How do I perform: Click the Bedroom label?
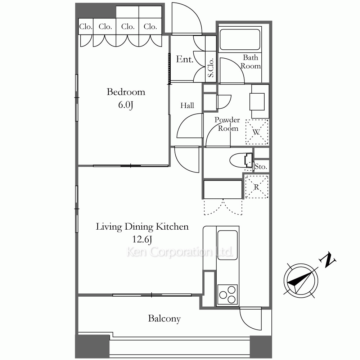(126, 92)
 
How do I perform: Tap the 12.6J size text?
(142, 239)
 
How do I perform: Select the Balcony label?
(165, 319)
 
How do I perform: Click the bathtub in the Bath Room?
(240, 39)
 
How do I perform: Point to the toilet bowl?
(241, 160)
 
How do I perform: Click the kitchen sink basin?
(227, 245)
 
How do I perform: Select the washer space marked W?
(257, 132)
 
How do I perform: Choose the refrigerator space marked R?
(256, 187)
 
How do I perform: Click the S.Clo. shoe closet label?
(211, 68)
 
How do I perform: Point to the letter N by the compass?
(327, 260)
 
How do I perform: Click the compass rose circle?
(301, 280)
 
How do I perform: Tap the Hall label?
(187, 105)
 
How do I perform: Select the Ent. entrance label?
(185, 59)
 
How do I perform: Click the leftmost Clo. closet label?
(86, 27)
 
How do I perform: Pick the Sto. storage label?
(261, 166)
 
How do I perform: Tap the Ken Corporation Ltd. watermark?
(180, 252)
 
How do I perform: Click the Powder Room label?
(227, 124)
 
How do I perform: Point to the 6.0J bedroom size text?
(126, 105)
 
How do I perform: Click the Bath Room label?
(251, 62)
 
